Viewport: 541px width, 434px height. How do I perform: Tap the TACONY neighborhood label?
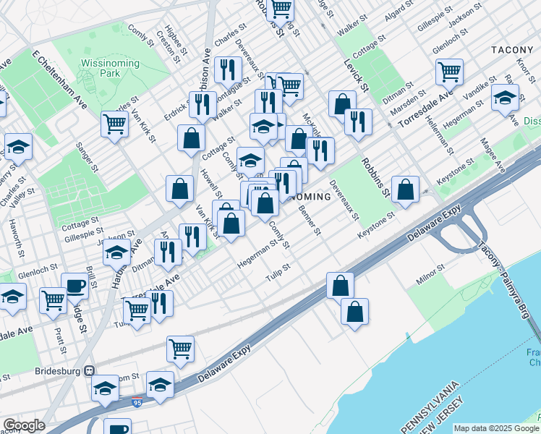pyautogui.click(x=514, y=49)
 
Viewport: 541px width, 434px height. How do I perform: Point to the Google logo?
pyautogui.click(x=23, y=425)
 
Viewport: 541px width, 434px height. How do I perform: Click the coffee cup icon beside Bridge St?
pyautogui.click(x=74, y=286)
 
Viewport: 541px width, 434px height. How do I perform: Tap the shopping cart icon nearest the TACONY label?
pyautogui.click(x=449, y=72)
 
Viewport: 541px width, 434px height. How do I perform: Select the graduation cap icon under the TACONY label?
pyautogui.click(x=505, y=98)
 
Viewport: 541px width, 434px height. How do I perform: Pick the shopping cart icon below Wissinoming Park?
pyautogui.click(x=115, y=124)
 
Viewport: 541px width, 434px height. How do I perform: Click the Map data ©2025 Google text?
pyautogui.click(x=495, y=428)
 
